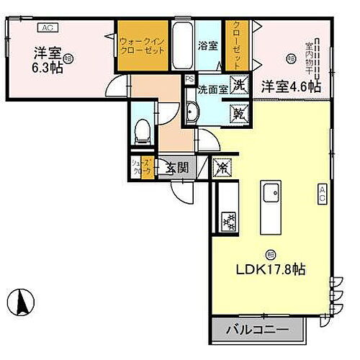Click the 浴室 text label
tap(208, 44)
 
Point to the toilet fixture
tap(142, 132)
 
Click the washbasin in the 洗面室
tap(192, 111)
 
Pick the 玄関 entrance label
tap(176, 168)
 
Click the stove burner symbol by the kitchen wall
tap(230, 220)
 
